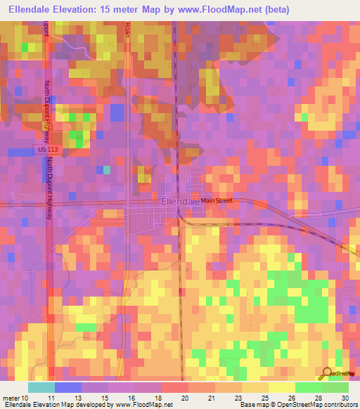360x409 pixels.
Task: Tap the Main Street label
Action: (217, 201)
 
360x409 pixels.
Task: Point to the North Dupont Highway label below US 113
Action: (50, 188)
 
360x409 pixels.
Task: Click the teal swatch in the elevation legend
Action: (41, 387)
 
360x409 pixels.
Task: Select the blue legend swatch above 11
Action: (67, 387)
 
